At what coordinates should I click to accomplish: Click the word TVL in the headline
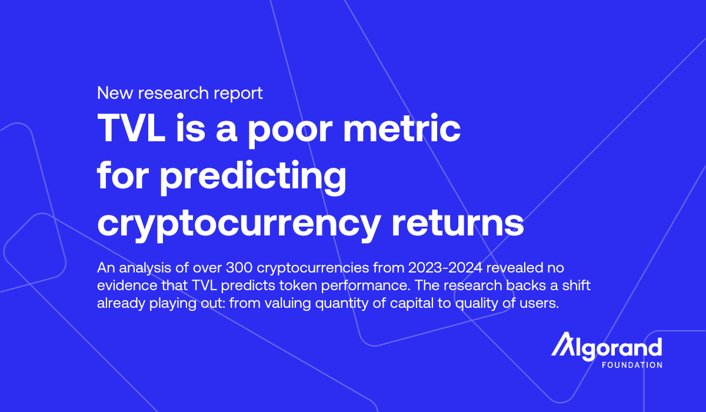coord(132,128)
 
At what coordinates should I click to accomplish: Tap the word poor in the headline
coord(290,131)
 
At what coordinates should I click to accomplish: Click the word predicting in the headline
coord(254,178)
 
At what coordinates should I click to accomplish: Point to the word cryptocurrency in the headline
coord(239,224)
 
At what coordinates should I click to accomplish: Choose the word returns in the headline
coord(458,223)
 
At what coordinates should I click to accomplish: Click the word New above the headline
coord(115,93)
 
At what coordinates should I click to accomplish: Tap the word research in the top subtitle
coord(174,93)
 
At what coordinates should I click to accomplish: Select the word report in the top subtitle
coord(238,94)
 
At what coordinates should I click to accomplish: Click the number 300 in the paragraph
coord(239,268)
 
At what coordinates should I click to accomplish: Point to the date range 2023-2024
coord(445,268)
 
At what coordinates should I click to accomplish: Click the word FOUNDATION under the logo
coord(632,365)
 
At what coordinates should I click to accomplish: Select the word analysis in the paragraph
coord(145,268)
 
